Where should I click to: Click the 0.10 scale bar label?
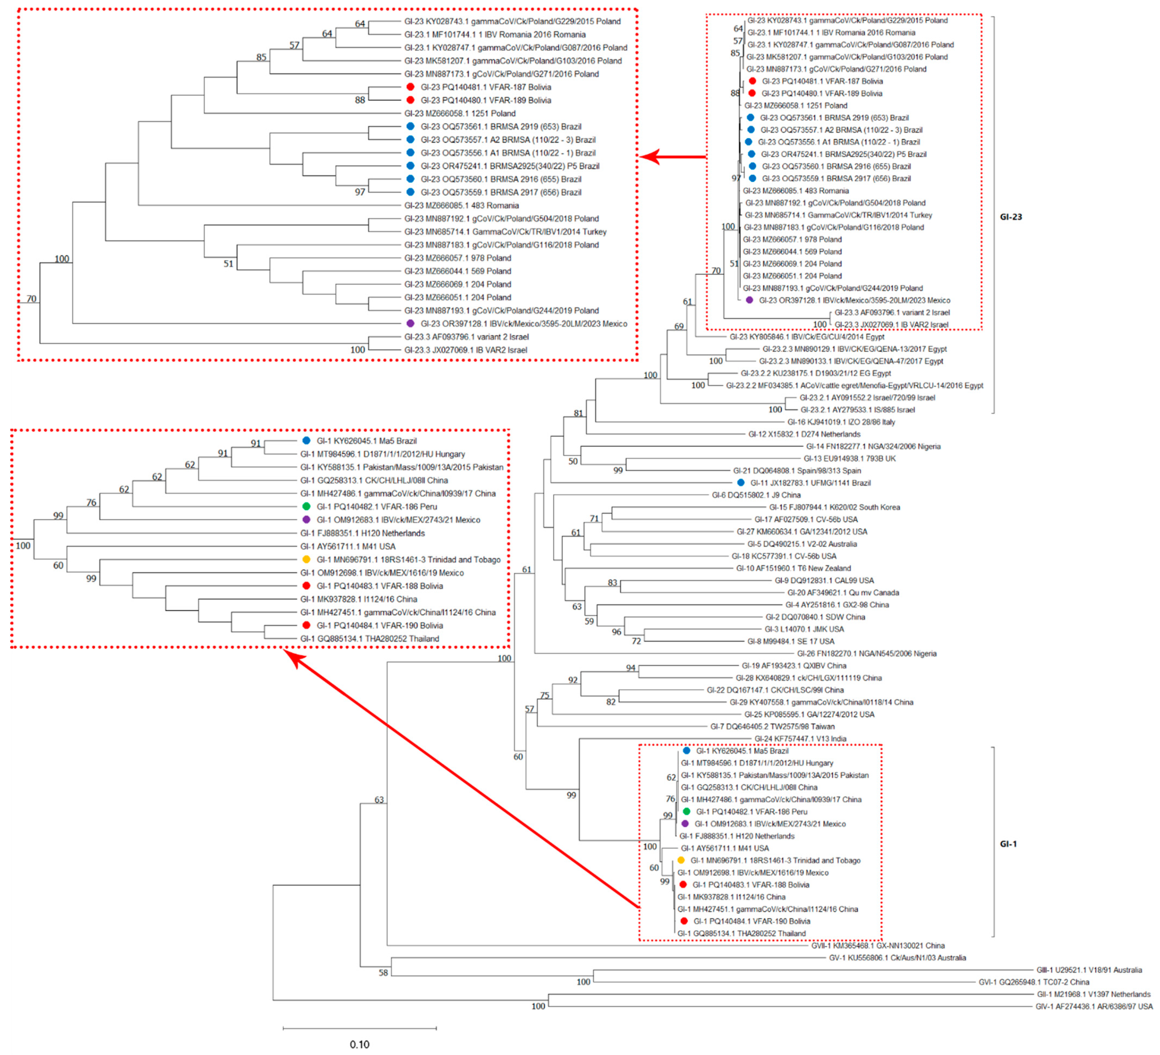(x=360, y=1044)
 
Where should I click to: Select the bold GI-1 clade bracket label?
(x=1008, y=844)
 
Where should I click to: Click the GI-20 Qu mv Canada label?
(x=843, y=592)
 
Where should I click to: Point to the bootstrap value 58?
(x=383, y=973)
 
